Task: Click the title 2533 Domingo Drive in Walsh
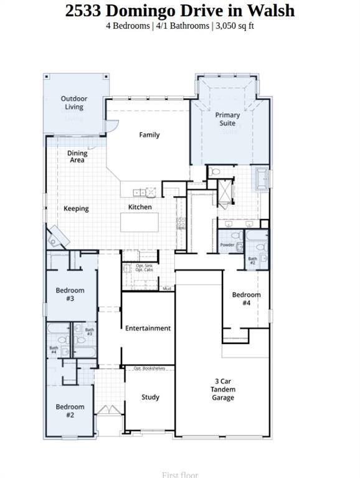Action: [x=180, y=11]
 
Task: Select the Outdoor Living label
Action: [x=73, y=103]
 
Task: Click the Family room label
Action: [x=149, y=134]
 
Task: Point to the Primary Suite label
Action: [x=227, y=119]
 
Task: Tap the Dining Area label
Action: [x=77, y=157]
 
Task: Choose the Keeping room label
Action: [x=76, y=209]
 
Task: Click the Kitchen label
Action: [x=140, y=207]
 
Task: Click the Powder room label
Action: [x=227, y=245]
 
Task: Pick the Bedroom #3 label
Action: [x=70, y=294]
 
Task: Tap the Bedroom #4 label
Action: [x=246, y=299]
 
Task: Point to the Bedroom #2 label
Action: [x=70, y=411]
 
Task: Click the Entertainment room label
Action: [x=148, y=328]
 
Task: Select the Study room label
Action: [x=150, y=397]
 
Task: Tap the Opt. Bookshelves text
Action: [x=149, y=368]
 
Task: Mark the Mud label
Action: [x=167, y=289]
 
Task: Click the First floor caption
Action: [x=180, y=475]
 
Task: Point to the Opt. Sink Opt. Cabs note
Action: [x=144, y=268]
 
